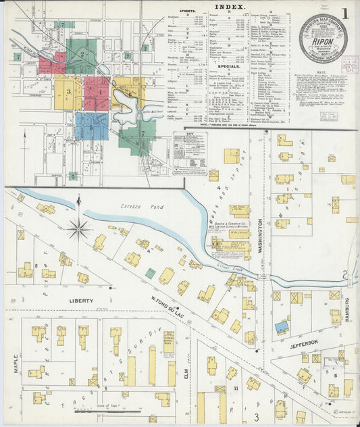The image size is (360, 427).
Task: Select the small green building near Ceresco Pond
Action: [150, 273]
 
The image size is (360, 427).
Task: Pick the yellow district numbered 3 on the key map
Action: [68, 92]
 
